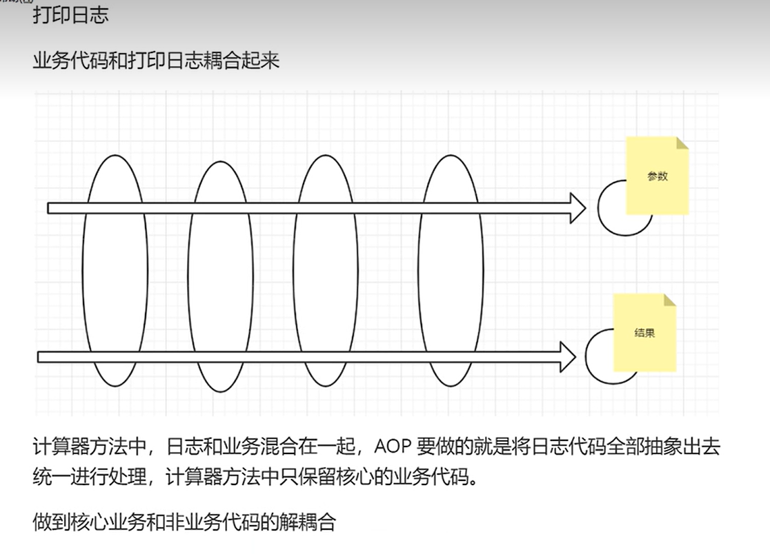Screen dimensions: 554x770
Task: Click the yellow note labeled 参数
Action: [x=657, y=176]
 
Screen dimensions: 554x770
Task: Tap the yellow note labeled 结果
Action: [x=644, y=333]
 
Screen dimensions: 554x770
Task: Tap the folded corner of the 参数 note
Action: [x=682, y=143]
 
